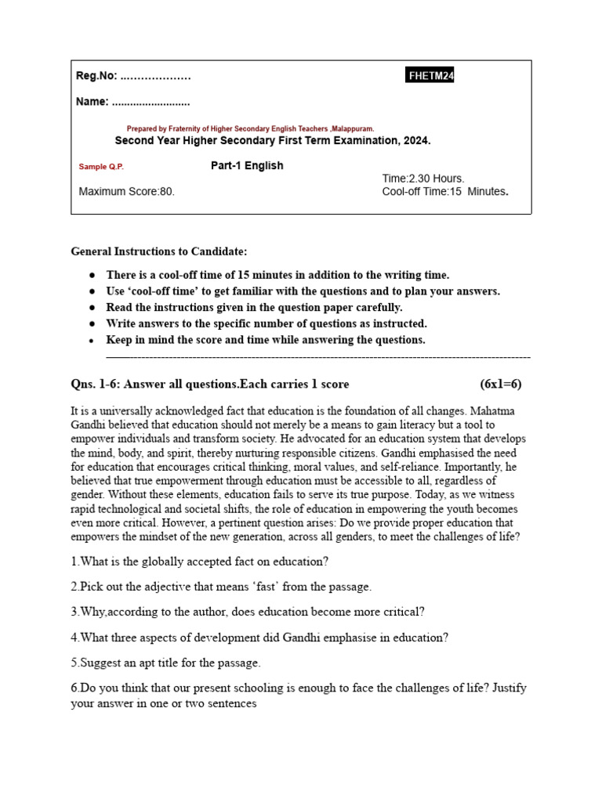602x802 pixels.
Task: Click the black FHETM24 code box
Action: [x=430, y=75]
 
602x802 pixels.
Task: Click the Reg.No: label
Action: [x=96, y=76]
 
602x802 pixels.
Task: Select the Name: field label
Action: [x=92, y=102]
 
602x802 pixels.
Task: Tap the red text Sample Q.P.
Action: [x=101, y=167]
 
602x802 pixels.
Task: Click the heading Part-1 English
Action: [x=247, y=166]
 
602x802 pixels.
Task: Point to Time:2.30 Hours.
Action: [x=423, y=179]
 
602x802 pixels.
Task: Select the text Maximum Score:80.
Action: [x=127, y=191]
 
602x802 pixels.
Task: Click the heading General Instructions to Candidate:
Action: [x=159, y=251]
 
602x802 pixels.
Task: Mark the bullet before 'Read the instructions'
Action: [x=92, y=308]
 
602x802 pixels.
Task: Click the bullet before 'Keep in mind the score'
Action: [x=92, y=341]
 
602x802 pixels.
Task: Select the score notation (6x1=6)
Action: [x=500, y=384]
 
